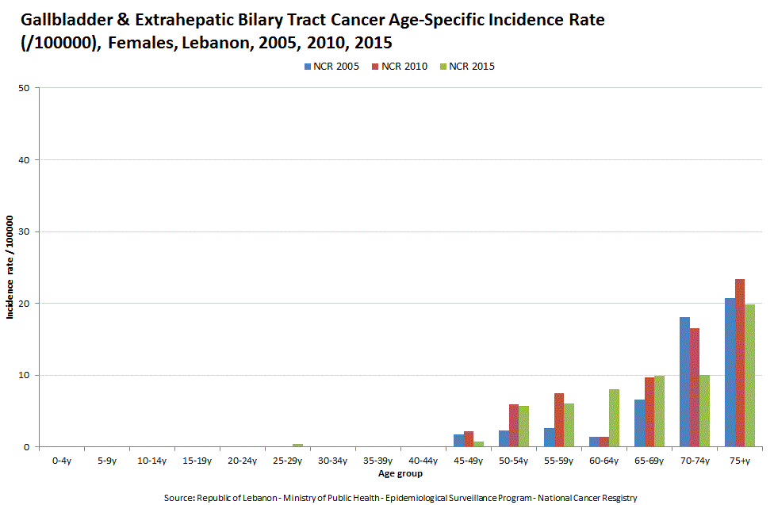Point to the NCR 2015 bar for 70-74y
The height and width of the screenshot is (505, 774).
704,411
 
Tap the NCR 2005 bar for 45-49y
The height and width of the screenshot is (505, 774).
458,441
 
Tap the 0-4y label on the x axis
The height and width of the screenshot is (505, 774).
60,460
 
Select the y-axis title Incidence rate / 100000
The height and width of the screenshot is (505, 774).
11,267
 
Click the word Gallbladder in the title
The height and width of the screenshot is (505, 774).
54,20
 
